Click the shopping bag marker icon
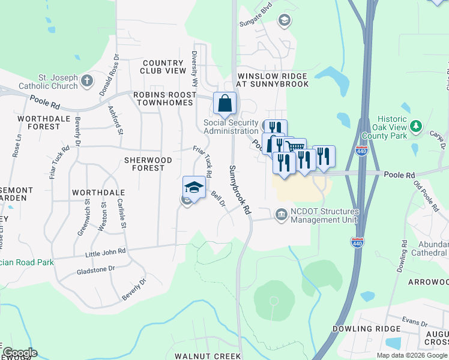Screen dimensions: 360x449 pyautogui.click(x=224, y=104)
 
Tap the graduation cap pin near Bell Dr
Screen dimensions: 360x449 pyautogui.click(x=194, y=187)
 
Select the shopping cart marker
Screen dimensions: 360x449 pyautogui.click(x=295, y=146)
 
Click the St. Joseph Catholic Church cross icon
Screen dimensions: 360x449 pyautogui.click(x=88, y=80)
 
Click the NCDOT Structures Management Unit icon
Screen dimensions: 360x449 pyautogui.click(x=281, y=214)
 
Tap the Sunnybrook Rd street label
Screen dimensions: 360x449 pyautogui.click(x=238, y=191)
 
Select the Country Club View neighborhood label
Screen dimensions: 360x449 pyautogui.click(x=163, y=67)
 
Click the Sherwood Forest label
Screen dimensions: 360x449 pyautogui.click(x=148, y=164)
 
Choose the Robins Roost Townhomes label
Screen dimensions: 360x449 pyautogui.click(x=163, y=99)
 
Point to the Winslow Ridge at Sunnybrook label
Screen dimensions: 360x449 pyautogui.click(x=273, y=80)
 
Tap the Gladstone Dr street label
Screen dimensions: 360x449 pyautogui.click(x=95, y=269)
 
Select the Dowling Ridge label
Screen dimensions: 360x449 pyautogui.click(x=366, y=329)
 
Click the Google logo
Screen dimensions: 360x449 pyautogui.click(x=19, y=352)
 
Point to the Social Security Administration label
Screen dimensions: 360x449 pyautogui.click(x=231, y=127)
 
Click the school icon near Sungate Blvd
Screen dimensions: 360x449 pyautogui.click(x=285, y=21)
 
